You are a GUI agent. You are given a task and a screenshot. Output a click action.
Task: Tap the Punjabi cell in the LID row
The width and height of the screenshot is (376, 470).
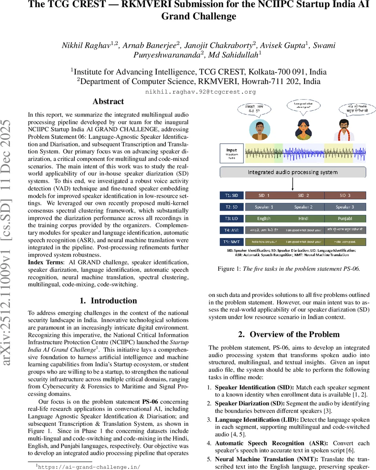coord(345,219)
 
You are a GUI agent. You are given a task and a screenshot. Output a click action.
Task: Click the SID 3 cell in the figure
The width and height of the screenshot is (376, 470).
coord(345,195)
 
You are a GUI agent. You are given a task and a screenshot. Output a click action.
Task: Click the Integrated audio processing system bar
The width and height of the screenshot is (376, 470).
coord(292,172)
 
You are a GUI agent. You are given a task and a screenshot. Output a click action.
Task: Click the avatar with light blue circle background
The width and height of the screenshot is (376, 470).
coord(259,130)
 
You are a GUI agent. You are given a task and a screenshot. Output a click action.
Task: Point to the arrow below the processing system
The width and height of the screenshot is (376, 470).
coord(293,184)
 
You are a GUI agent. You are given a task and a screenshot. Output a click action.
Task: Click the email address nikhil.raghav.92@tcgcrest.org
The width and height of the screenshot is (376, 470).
coord(200,92)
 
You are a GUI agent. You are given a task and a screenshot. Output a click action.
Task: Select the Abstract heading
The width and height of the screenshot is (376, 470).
coord(108,102)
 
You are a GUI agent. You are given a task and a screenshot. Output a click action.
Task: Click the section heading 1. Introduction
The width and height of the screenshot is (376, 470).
coord(108,301)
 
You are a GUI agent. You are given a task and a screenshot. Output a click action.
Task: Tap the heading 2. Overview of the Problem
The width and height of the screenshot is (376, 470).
coord(289,334)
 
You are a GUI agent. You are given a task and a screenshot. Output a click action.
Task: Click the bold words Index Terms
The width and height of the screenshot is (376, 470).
coord(43,262)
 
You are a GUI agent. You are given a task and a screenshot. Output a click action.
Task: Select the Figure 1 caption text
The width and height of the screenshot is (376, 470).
coord(289,269)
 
